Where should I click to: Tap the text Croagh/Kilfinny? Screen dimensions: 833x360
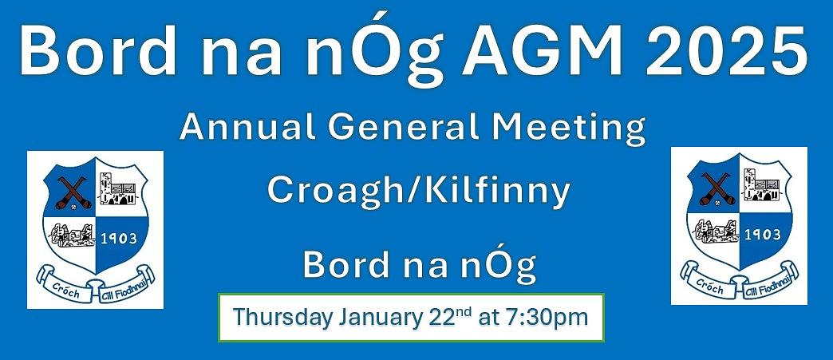tap(419, 192)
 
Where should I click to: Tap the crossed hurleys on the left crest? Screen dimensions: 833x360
tap(73, 192)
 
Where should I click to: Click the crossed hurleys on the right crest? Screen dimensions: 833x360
tap(717, 188)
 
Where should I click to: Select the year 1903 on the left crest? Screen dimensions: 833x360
tap(119, 239)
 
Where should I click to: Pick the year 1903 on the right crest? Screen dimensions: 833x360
tap(764, 235)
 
